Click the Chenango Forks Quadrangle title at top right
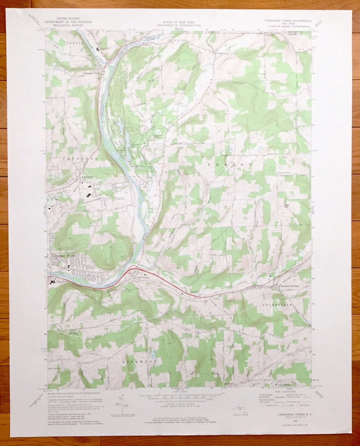coord(288,20)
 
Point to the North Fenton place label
coord(223,53)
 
